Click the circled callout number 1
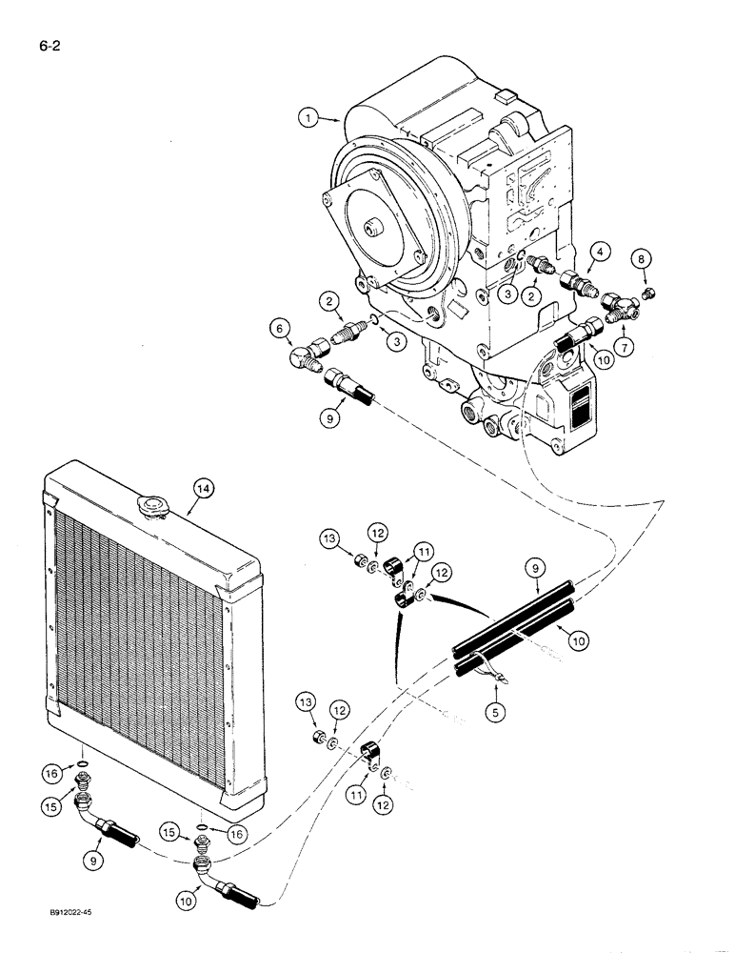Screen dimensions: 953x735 pos(307,118)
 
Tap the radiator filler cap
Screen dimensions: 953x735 pos(151,507)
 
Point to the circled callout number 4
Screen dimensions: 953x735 pos(599,251)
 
